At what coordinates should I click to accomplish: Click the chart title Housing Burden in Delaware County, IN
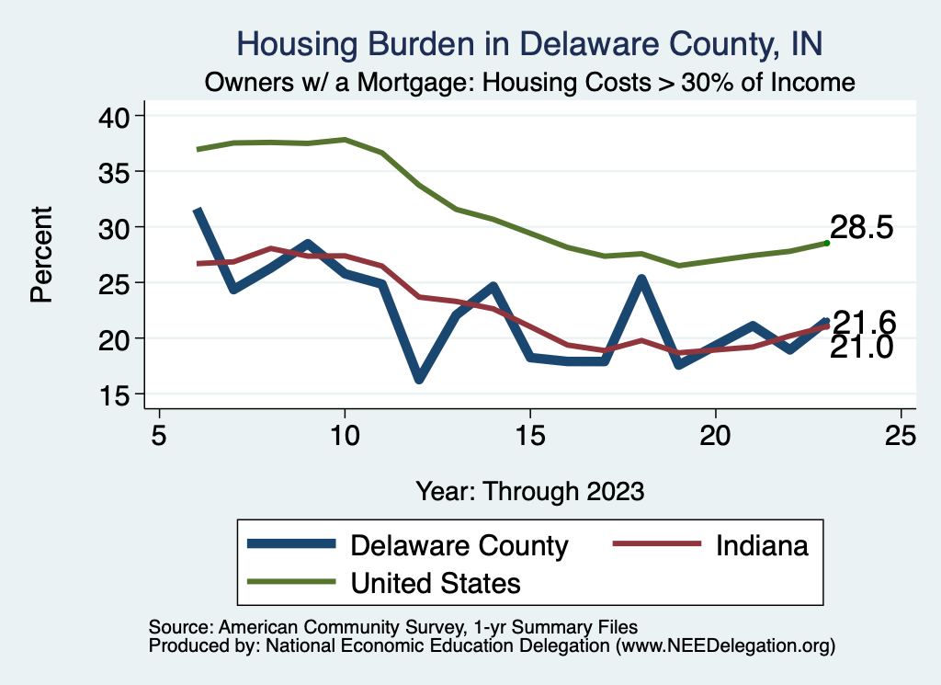pyautogui.click(x=529, y=43)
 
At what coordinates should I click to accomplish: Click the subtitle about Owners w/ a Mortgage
pyautogui.click(x=530, y=82)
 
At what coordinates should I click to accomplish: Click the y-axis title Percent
pyautogui.click(x=40, y=255)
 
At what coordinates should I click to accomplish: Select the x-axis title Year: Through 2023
pyautogui.click(x=529, y=490)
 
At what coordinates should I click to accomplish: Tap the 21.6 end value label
pyautogui.click(x=864, y=323)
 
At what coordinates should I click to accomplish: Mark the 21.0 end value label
pyautogui.click(x=862, y=348)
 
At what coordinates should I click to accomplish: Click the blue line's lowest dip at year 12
pyautogui.click(x=419, y=377)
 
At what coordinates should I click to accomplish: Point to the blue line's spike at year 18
pyautogui.click(x=641, y=280)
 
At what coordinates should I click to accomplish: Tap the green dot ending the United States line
pyautogui.click(x=827, y=243)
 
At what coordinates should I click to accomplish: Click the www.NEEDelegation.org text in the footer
pyautogui.click(x=726, y=646)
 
